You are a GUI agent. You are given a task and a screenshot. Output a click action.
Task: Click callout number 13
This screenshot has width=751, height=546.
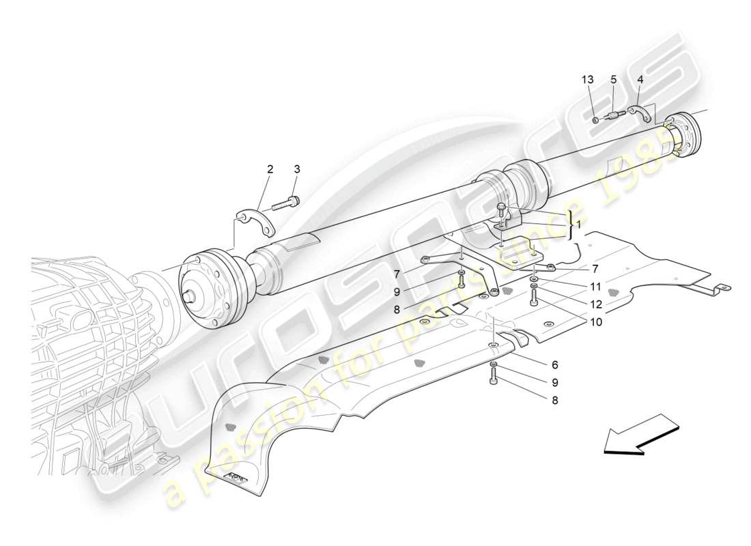click(x=588, y=80)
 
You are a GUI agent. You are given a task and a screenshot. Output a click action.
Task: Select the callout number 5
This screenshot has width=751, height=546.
click(x=614, y=80)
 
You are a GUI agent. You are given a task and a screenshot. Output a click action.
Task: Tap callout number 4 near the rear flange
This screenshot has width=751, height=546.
click(x=640, y=80)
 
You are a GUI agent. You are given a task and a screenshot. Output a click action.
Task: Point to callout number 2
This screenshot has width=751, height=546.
click(x=270, y=169)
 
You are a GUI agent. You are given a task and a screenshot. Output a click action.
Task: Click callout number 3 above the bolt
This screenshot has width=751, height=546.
click(x=297, y=169)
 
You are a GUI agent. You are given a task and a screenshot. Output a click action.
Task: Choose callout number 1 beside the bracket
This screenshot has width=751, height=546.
click(x=579, y=225)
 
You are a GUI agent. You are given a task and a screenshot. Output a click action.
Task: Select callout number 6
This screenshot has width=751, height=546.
click(x=554, y=366)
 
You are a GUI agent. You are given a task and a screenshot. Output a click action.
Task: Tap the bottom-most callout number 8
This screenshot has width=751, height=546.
click(x=554, y=401)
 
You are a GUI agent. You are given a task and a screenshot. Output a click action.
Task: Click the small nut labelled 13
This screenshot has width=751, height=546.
click(x=595, y=120)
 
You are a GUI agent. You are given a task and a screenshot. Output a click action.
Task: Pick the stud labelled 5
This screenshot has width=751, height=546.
click(x=617, y=117)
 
